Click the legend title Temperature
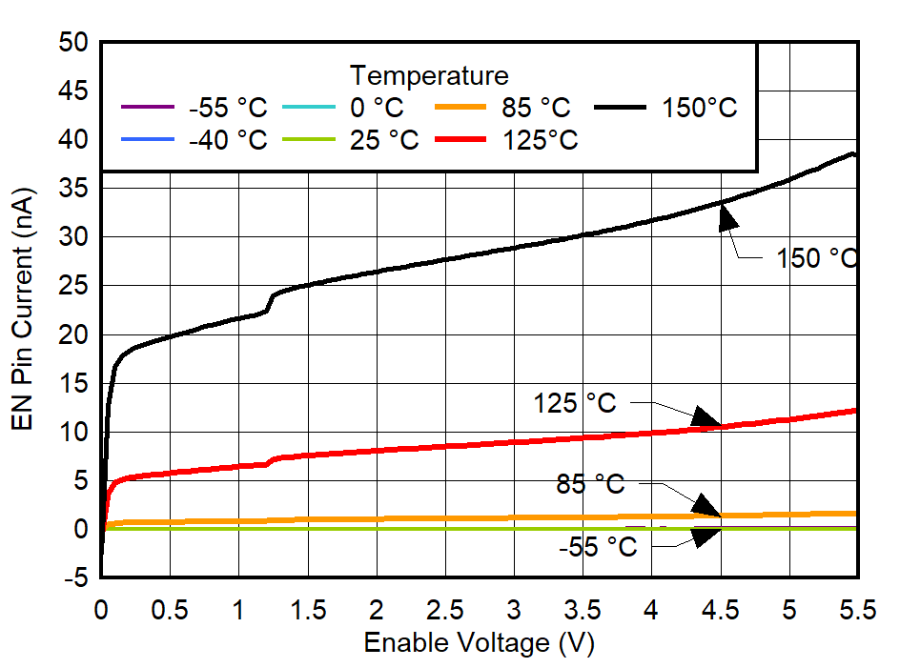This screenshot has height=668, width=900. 429,75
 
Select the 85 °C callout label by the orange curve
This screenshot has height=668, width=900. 590,485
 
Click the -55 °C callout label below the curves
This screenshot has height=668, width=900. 597,547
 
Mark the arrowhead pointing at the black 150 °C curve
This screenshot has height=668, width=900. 727,218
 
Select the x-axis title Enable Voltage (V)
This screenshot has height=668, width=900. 479,643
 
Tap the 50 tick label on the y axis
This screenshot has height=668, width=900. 72,43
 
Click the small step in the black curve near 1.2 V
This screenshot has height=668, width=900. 270,303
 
